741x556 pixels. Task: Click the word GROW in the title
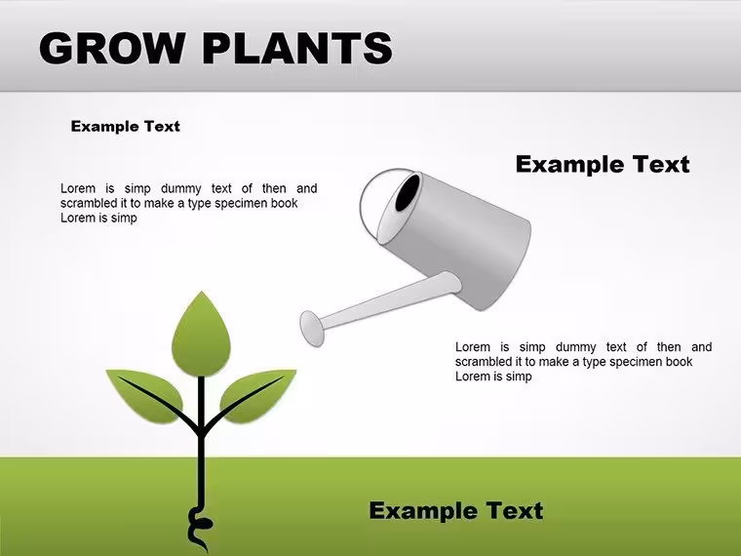111,48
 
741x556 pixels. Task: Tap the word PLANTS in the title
297,48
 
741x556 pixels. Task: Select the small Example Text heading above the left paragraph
125,126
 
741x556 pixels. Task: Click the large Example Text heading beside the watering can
603,164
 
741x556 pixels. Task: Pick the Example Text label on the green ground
456,510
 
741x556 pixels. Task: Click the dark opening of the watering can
408,192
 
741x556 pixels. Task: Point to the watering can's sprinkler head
312,328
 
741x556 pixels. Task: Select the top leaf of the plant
201,335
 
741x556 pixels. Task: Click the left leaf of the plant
145,395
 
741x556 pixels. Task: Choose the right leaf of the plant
258,395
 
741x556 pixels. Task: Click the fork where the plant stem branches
201,429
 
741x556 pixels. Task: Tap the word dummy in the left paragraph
181,188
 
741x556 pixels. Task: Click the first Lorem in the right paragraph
473,347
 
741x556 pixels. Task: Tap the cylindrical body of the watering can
458,241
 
